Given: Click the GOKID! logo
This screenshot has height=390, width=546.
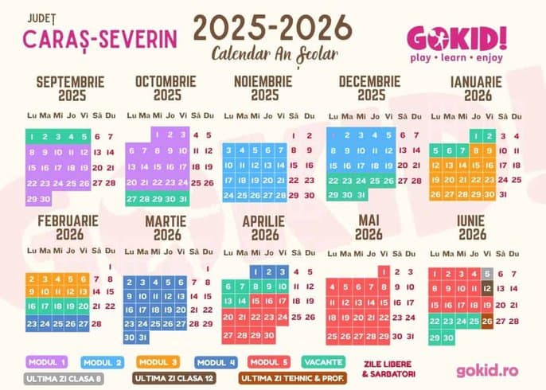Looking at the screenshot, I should pyautogui.click(x=456, y=37).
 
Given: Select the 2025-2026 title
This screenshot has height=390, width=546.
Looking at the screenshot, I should pyautogui.click(x=273, y=28).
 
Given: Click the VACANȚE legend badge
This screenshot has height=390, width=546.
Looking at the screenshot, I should pyautogui.click(x=324, y=361).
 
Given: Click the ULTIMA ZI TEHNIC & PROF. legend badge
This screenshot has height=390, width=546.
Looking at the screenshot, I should pyautogui.click(x=292, y=377).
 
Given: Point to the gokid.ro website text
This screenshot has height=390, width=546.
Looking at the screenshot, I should pyautogui.click(x=487, y=370).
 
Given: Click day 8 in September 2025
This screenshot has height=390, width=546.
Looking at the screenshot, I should pyautogui.click(x=33, y=151).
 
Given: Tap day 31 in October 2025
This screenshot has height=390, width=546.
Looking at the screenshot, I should pyautogui.click(x=183, y=198).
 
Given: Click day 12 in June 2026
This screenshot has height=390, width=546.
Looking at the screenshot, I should pyautogui.click(x=487, y=289).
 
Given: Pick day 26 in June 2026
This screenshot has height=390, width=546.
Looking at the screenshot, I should pyautogui.click(x=487, y=321).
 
